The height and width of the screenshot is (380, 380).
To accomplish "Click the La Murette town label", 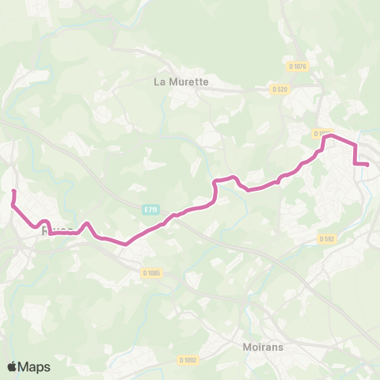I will tap(181, 81).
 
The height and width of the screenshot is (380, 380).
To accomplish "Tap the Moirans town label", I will tap(264, 346).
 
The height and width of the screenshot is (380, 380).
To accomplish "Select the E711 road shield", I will tap(151, 210).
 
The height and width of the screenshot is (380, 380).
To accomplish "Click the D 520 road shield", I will tap(279, 89).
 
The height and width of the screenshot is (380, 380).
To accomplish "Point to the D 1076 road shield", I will tap(297, 66).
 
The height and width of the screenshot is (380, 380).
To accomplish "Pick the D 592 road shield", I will tap(327, 238).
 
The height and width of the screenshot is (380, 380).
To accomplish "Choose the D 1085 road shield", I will tap(151, 273).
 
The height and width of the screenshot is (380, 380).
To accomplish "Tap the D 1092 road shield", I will tap(188, 359).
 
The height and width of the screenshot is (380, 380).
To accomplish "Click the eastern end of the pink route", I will tap(368, 164).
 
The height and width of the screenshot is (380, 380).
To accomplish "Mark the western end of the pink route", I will tap(13, 192).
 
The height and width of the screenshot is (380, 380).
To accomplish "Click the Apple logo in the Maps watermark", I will tap(12, 367).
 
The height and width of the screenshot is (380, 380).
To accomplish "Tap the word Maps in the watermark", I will tap(34, 367).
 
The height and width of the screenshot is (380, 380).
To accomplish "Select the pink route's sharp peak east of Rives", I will tap(87, 224).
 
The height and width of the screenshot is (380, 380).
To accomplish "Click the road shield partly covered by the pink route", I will tap(322, 134).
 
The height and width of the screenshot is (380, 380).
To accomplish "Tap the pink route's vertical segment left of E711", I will tap(215, 192).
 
